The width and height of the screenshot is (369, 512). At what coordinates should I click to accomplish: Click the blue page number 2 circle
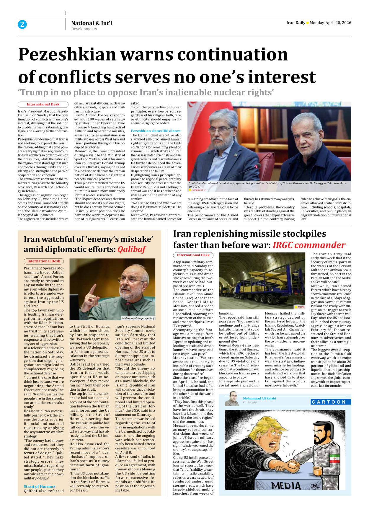pos(22,25)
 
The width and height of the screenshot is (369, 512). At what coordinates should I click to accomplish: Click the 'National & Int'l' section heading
pos(92,23)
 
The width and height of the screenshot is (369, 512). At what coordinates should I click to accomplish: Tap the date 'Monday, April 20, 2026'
pos(330,23)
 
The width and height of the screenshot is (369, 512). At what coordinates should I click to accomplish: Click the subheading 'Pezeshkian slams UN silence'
pos(156,131)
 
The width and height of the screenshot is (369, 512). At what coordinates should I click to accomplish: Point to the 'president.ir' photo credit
pos(198,190)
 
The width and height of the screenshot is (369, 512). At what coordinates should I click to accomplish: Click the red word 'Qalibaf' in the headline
pos(131,249)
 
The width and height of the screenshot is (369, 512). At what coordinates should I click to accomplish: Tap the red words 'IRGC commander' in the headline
pos(308,245)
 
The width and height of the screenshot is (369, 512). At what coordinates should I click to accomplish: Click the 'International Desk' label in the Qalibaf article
pos(44,261)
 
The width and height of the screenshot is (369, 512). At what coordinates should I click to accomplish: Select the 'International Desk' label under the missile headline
pos(193,255)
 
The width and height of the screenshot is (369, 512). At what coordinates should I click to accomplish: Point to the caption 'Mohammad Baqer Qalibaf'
pos(138,318)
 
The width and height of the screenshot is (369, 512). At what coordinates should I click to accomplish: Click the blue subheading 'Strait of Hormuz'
pos(39,486)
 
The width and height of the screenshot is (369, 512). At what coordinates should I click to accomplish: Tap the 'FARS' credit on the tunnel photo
pos(301,307)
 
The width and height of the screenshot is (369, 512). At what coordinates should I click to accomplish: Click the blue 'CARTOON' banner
pos(331,402)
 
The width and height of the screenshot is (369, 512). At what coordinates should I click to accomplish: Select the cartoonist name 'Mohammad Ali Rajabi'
pos(259,398)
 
